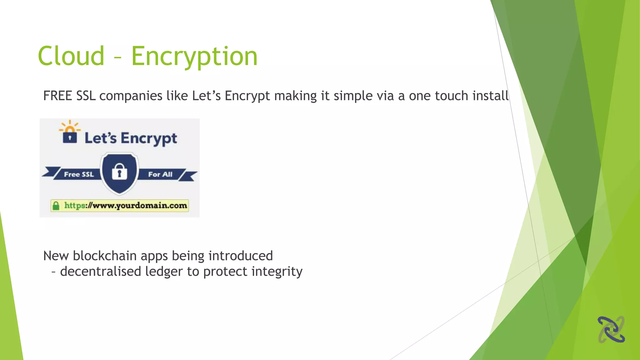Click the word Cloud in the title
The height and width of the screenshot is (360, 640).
(71, 56)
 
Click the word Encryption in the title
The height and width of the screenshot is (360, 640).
(194, 57)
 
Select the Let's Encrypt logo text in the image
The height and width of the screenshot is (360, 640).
(131, 138)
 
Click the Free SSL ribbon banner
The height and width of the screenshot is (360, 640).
(78, 174)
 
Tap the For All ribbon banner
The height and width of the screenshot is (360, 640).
(160, 174)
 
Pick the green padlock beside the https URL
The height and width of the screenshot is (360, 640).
(56, 206)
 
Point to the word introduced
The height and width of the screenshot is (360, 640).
(241, 256)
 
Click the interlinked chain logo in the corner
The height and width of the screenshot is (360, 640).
(611, 329)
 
